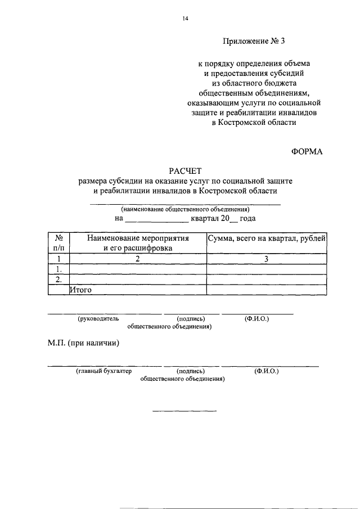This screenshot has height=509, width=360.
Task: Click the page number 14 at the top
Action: click(184, 19)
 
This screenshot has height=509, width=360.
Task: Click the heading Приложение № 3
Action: click(259, 41)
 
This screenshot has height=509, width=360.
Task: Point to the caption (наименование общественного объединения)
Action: click(185, 209)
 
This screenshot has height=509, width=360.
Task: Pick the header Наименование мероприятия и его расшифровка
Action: click(137, 242)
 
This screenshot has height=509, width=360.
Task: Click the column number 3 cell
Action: click(266, 259)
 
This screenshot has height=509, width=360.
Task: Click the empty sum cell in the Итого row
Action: click(266, 290)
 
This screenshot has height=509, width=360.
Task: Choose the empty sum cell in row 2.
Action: click(266, 279)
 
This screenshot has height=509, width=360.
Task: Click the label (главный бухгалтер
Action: click(103, 371)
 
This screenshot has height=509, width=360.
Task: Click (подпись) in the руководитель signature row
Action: click(190, 318)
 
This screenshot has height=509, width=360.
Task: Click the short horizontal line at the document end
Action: click(184, 410)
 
